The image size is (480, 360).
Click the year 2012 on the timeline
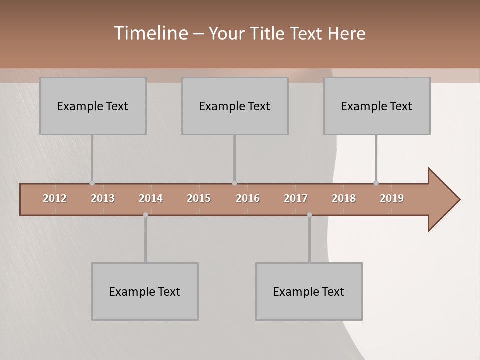point(55,198)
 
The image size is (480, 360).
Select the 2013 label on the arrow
point(103,198)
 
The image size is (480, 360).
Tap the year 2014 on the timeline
point(151,198)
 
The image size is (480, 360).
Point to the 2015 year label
point(199,198)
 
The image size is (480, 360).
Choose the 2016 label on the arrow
point(248,198)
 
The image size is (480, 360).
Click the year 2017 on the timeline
point(296,198)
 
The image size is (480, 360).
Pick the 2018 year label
point(344,198)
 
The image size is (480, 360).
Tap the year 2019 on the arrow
point(392,198)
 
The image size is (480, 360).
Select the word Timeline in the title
point(150,33)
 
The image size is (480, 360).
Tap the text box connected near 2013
point(93,106)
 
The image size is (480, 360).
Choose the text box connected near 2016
point(235,106)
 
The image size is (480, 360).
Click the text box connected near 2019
point(377,106)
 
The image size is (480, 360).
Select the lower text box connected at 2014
point(145,291)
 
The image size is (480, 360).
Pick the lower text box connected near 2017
point(309,291)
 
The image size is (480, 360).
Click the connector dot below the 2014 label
point(145,215)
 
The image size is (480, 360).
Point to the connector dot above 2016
point(234,183)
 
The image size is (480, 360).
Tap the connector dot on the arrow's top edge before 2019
point(376,183)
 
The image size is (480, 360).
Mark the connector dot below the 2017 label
point(309,215)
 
